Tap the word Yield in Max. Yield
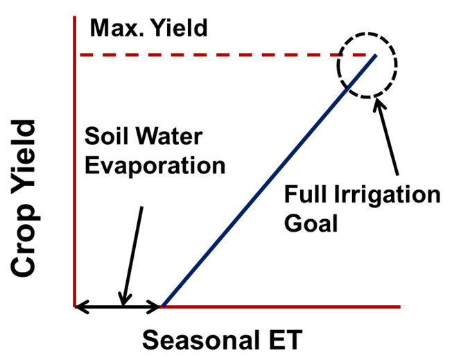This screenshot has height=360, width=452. click(176, 29)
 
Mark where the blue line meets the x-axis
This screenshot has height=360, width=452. click(162, 305)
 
